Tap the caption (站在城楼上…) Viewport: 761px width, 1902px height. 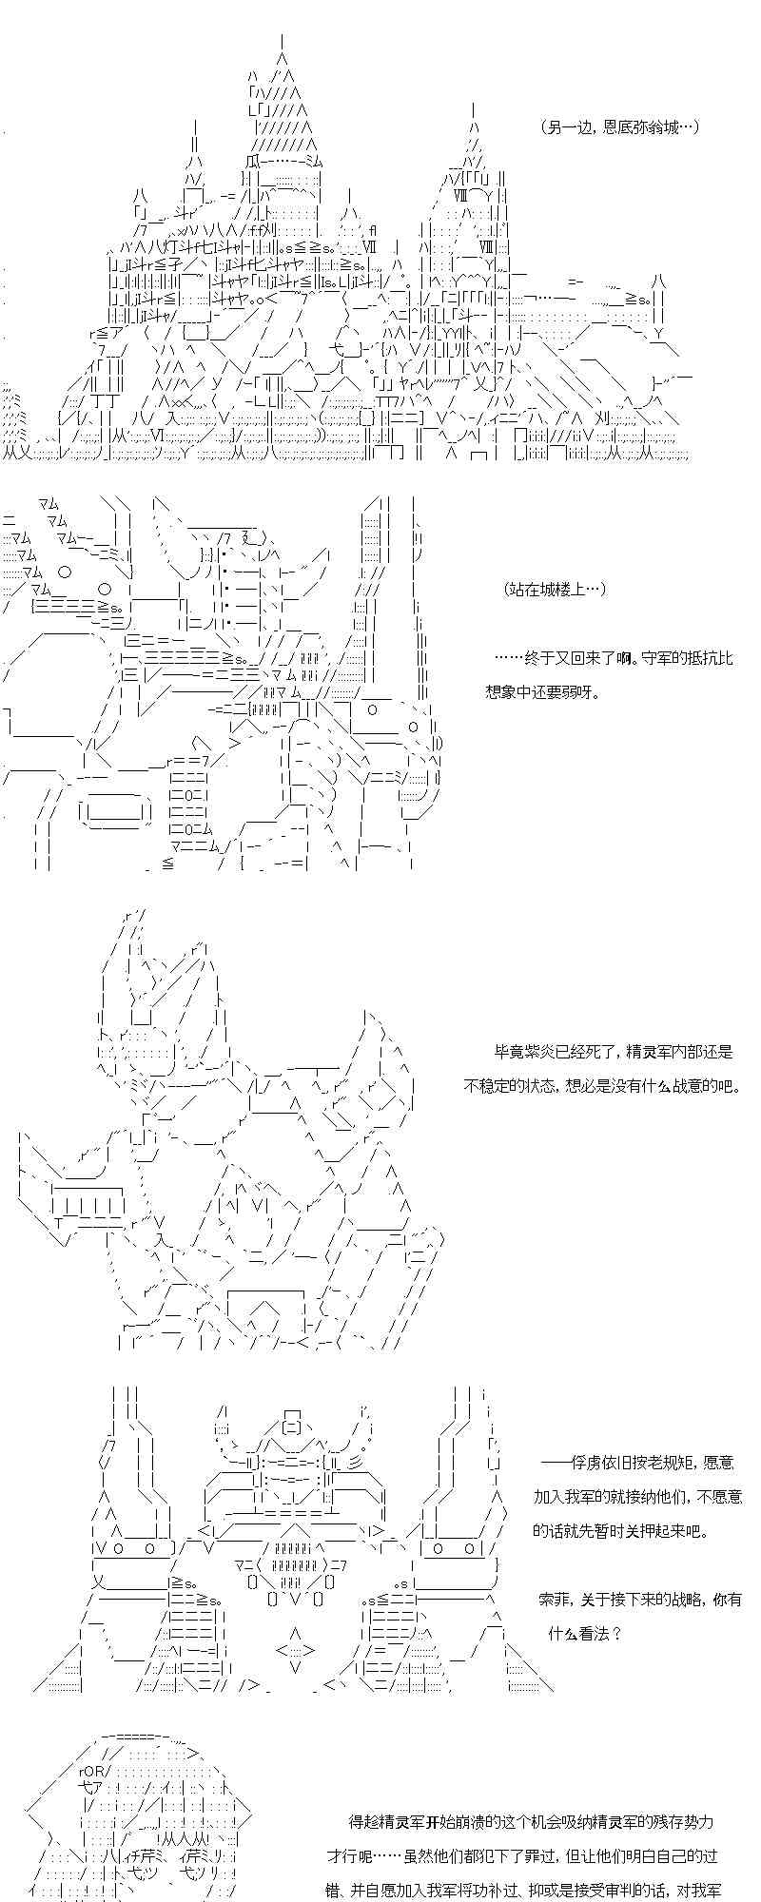coord(556,590)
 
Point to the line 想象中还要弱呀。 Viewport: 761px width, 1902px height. coord(547,692)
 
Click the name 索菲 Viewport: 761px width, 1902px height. coord(554,1599)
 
